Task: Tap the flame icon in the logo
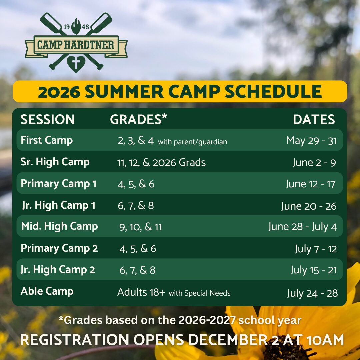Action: (x=76, y=26)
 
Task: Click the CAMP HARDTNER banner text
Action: (x=76, y=45)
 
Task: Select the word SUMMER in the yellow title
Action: (x=124, y=91)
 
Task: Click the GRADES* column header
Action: (x=138, y=119)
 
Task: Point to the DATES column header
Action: (x=314, y=119)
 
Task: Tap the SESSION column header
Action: (x=48, y=119)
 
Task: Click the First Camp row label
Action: (x=47, y=140)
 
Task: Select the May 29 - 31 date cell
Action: (x=312, y=141)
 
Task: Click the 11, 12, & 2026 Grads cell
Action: (x=161, y=163)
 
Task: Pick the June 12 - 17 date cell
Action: (x=310, y=184)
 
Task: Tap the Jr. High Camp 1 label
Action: (x=59, y=205)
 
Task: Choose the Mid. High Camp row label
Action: (x=60, y=226)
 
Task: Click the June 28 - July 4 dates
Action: (x=303, y=227)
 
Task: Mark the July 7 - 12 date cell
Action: (x=316, y=249)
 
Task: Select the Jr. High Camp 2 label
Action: (x=58, y=270)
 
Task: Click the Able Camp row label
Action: (x=47, y=291)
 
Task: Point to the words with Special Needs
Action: (x=200, y=293)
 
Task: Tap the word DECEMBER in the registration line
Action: (x=228, y=340)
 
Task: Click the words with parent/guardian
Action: (x=193, y=142)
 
